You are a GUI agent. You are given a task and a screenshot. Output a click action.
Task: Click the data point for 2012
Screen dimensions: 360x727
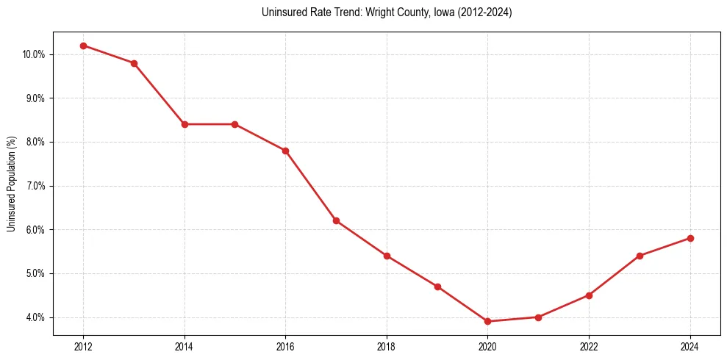point(83,46)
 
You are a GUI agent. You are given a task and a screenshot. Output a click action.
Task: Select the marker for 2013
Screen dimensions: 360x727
point(134,63)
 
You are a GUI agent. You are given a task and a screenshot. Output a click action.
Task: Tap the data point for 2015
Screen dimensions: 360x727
point(235,124)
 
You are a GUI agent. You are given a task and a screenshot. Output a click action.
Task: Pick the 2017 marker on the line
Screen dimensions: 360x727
point(336,220)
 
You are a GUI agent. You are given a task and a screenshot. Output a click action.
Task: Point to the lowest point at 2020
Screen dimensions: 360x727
point(488,321)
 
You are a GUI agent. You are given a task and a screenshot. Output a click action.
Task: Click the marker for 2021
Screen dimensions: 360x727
point(539,317)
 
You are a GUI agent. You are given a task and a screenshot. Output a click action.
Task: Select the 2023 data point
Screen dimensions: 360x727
point(640,256)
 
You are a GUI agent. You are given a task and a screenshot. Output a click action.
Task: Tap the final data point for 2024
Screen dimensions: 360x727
point(690,238)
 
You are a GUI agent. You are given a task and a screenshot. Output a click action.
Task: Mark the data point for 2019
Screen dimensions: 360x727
point(437,287)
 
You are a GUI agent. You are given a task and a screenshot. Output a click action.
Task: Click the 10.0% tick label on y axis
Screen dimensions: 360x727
point(35,54)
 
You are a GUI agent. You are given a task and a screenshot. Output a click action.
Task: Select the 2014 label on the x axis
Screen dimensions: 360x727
point(185,346)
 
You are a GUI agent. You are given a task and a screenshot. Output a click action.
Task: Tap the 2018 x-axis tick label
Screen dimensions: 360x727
point(387,346)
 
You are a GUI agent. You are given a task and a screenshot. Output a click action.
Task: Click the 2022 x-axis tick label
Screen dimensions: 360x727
point(589,346)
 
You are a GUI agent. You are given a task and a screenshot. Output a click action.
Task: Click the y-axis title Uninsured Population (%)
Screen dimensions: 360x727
point(11,184)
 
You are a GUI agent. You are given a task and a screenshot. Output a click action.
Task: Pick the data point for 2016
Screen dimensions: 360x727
point(285,151)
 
